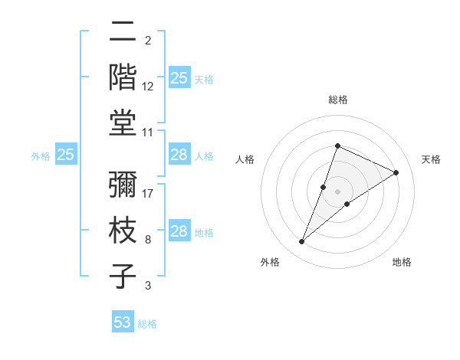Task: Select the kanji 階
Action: [123, 77]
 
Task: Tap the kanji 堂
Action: [123, 122]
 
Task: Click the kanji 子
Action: [123, 275]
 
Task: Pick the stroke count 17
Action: [149, 194]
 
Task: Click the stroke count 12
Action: [149, 87]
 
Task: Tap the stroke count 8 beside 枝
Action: [147, 240]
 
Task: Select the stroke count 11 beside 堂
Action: [149, 132]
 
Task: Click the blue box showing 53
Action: [123, 322]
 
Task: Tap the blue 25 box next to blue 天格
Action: [179, 78]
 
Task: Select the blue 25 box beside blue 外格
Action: [66, 155]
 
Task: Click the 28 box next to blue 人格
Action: [179, 155]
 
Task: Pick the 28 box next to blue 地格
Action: [179, 232]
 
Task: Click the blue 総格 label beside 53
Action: [147, 324]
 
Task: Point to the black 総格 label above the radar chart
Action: [337, 100]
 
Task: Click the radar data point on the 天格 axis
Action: [396, 172]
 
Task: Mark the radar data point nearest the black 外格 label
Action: [301, 242]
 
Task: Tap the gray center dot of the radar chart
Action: [337, 191]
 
